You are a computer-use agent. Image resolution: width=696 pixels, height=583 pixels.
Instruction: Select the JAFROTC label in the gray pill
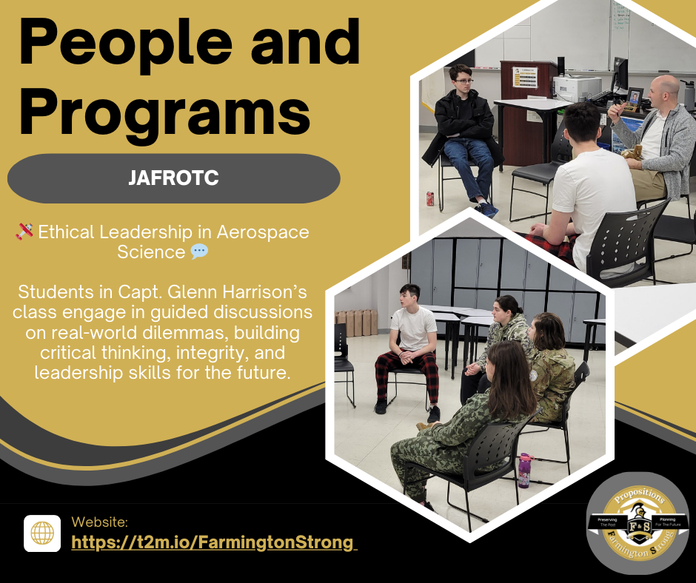coord(173,178)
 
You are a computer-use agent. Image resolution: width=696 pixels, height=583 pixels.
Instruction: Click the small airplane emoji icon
coord(24,232)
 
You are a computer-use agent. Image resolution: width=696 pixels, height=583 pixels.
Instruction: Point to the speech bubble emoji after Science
coord(199,252)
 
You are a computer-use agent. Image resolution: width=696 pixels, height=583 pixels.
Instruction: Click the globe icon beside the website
coord(42,533)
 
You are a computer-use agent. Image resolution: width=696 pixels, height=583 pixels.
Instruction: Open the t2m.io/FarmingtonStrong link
coord(213,542)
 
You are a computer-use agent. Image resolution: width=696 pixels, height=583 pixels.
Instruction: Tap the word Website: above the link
coord(100,522)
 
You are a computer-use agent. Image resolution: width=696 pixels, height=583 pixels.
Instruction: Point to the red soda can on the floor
coord(429,198)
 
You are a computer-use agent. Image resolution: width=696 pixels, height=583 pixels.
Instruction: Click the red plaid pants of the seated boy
coord(404,370)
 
